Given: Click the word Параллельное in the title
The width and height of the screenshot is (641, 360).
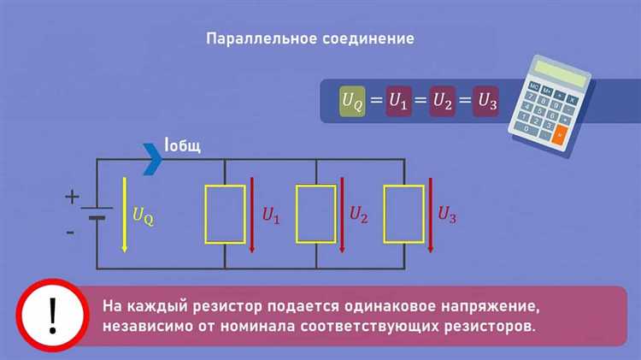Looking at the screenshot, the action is tap(262, 38).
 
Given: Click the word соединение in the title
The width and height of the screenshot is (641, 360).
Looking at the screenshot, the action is tap(368, 38).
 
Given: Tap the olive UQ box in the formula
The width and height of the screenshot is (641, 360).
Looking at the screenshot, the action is tap(352, 101).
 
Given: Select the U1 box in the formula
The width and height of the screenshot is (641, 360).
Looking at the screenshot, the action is tap(398, 101).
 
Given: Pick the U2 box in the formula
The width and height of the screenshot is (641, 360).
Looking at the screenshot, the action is tap(443, 101).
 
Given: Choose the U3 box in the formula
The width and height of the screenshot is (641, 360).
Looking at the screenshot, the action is tap(486, 101).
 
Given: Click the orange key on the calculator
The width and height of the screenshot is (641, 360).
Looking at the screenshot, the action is tap(559, 135).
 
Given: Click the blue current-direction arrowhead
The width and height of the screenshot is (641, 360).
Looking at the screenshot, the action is tap(153, 159).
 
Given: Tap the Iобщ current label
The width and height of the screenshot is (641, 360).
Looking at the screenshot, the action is tap(182, 145).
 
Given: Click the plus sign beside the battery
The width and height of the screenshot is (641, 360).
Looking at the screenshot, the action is tap(72, 197).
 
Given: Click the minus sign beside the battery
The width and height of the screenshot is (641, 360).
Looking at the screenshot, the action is tap(70, 233).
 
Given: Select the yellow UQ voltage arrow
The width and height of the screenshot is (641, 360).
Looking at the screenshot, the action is tap(125, 215).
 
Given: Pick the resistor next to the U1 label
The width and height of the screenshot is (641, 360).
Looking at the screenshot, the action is tap(226, 215).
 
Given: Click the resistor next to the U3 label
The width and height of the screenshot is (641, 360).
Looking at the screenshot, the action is tap(404, 215).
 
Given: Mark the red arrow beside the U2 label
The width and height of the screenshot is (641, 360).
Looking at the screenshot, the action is tap(342, 215).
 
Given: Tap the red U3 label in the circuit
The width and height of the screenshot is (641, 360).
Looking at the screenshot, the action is tap(447, 215).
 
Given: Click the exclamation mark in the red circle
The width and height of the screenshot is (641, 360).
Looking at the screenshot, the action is tap(52, 316).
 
